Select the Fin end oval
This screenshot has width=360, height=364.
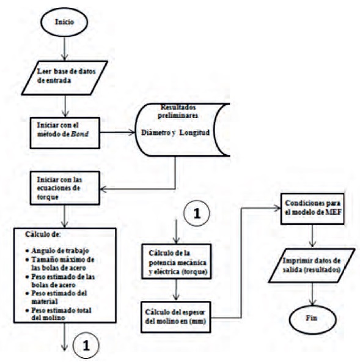[313, 320]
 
